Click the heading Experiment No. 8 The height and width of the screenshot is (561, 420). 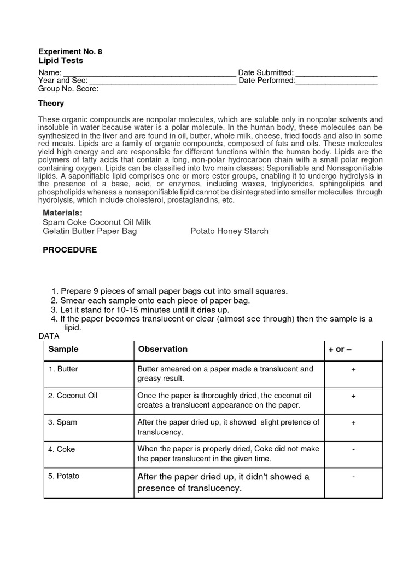point(70,51)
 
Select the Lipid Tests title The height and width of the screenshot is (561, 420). point(61,60)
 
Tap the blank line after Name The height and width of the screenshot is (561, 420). point(147,73)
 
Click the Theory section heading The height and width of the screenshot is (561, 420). point(51,103)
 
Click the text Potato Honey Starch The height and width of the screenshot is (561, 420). point(229,231)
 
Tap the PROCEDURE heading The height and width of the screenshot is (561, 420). point(69,250)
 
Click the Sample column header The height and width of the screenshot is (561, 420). point(63,349)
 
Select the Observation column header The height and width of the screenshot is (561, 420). point(163,349)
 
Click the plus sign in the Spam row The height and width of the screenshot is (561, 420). point(353,423)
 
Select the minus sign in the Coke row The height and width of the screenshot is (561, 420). point(353,449)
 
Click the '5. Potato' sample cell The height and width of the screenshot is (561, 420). point(64,476)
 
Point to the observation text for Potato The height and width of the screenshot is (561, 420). point(223,482)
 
